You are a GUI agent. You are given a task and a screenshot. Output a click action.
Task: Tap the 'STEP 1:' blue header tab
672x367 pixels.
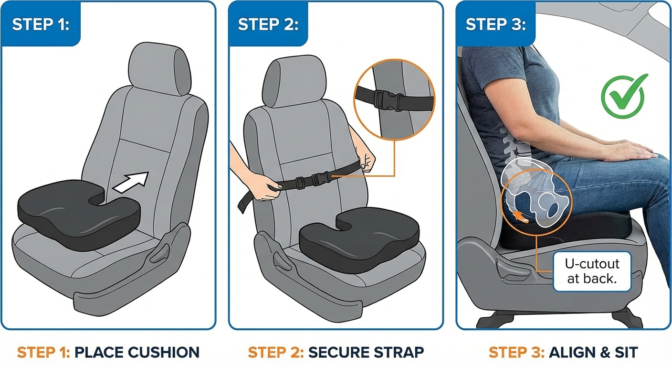[x=41, y=24]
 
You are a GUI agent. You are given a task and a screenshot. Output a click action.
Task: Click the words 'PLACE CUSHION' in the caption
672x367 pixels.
[x=137, y=353]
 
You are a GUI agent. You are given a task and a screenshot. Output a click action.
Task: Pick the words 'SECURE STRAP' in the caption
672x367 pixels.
[x=366, y=353]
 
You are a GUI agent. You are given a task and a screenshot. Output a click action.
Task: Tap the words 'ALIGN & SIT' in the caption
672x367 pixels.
[x=593, y=353]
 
